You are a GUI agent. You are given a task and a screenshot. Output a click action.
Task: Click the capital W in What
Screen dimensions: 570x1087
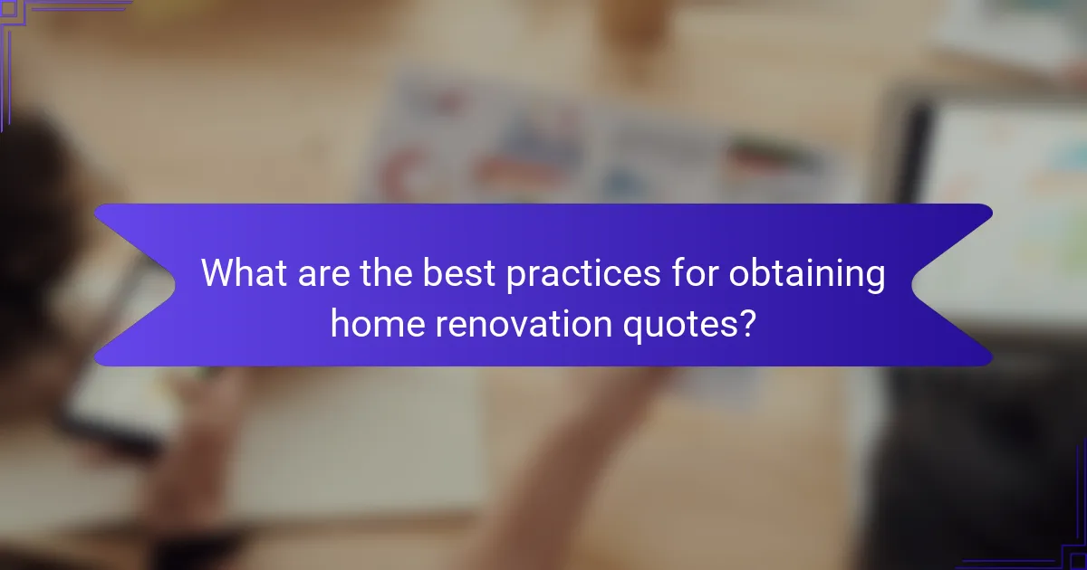[218, 272]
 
